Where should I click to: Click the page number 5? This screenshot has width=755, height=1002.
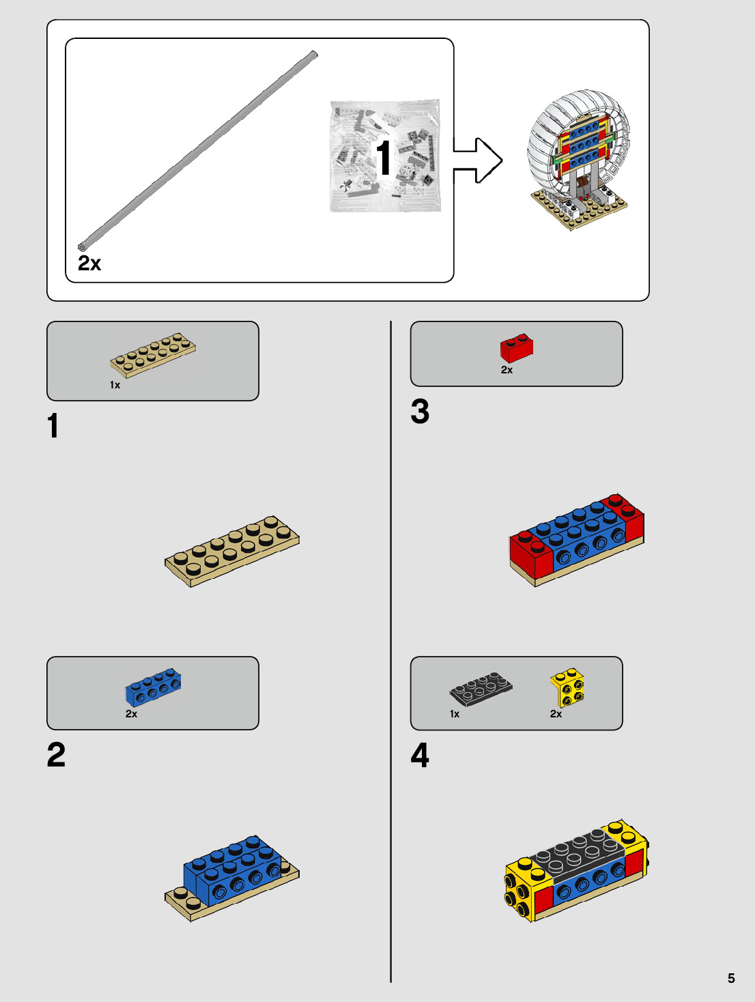(x=731, y=978)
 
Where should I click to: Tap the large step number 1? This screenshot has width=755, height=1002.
(x=53, y=425)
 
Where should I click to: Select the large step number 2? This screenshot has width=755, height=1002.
(x=56, y=755)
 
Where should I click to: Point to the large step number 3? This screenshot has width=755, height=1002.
(x=420, y=411)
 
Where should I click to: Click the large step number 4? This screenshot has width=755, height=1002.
(x=420, y=755)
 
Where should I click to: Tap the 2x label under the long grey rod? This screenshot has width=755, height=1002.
(x=89, y=263)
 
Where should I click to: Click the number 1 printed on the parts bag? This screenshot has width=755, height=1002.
(x=383, y=156)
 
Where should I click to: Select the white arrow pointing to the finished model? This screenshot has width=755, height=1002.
(x=478, y=160)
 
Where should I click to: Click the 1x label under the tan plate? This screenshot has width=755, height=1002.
(x=115, y=385)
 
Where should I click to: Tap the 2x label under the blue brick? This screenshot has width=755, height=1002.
(x=132, y=713)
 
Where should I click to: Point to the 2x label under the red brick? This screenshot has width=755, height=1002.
(x=507, y=370)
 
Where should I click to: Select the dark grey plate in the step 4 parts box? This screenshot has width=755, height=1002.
(x=481, y=688)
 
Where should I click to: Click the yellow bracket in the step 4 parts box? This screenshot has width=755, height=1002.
(x=567, y=687)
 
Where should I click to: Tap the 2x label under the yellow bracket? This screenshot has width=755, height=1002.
(x=556, y=713)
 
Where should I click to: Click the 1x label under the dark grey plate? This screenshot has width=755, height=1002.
(x=455, y=713)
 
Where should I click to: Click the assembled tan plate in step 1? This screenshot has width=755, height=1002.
(x=232, y=551)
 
